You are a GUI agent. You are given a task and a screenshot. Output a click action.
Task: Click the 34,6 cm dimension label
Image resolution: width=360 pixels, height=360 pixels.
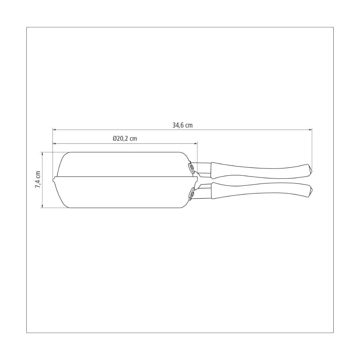point(182,125)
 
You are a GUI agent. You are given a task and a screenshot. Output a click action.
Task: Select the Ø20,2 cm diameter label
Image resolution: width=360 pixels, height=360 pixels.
point(125,139)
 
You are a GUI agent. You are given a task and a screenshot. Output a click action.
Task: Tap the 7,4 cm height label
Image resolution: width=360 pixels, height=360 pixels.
point(38,180)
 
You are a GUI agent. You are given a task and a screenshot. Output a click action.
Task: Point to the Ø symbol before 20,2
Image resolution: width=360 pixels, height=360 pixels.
point(114,139)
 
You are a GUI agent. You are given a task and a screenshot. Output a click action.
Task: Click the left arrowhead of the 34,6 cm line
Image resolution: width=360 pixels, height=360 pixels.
point(54,130)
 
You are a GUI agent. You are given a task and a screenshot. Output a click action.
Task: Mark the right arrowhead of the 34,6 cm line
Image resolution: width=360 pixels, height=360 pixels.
point(310,130)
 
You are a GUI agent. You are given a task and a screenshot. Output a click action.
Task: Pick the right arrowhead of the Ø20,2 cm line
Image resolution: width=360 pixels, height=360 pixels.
point(196,144)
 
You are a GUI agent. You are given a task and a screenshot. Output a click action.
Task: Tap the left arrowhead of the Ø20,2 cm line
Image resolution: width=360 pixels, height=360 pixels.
point(54,144)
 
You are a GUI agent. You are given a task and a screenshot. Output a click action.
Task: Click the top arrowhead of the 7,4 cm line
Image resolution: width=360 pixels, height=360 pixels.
point(43,154)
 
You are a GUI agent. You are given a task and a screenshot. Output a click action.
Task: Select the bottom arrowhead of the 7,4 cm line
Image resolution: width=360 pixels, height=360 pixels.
point(43,206)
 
